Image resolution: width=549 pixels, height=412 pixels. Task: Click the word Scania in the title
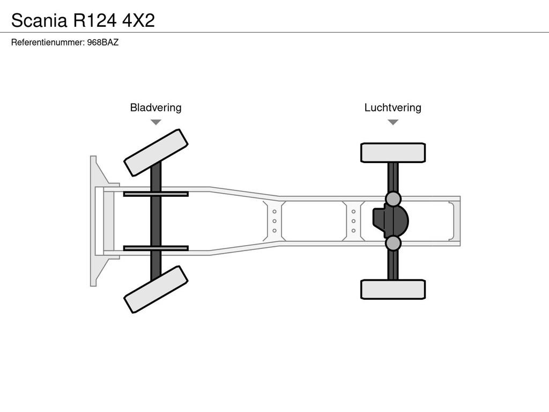(x=39, y=20)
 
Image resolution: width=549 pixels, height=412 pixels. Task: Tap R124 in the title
(x=94, y=20)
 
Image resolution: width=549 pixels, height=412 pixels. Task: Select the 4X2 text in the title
(x=138, y=20)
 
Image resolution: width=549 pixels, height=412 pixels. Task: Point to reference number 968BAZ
(x=103, y=42)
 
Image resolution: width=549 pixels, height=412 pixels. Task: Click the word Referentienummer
(x=48, y=42)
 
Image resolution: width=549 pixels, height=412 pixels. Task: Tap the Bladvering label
(x=156, y=107)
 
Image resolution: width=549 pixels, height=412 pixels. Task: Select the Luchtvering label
(x=393, y=107)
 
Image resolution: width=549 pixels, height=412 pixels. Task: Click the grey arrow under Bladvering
(x=156, y=122)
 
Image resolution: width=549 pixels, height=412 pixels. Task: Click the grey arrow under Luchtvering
(x=393, y=122)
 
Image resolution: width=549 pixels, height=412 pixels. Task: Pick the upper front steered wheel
(x=156, y=153)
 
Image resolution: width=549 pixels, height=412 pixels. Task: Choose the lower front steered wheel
(x=156, y=289)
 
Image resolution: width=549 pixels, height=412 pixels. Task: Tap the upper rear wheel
(x=393, y=153)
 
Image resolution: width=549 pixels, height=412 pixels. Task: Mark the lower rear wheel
(x=393, y=289)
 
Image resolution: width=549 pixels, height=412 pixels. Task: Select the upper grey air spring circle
(x=393, y=199)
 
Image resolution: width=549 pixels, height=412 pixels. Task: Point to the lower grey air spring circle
(x=393, y=243)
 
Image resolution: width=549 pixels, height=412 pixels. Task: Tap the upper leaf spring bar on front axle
(x=156, y=194)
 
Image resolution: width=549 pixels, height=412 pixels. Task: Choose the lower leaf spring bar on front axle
(x=156, y=248)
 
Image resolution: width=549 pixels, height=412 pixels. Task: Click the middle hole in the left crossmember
(x=274, y=221)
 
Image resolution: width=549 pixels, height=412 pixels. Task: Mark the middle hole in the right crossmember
(x=354, y=221)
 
